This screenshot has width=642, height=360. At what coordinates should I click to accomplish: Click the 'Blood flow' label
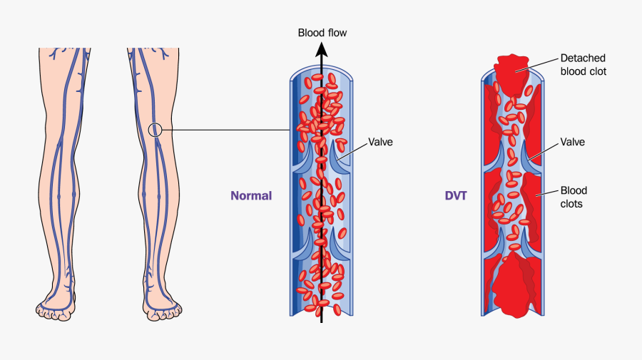click(x=322, y=33)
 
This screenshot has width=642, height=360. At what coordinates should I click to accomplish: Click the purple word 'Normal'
click(x=251, y=195)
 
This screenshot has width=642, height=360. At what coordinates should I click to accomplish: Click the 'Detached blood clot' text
click(x=583, y=65)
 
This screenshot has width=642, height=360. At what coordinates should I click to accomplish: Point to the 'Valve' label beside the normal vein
click(x=380, y=142)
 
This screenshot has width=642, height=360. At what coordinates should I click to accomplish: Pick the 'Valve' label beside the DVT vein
click(x=572, y=142)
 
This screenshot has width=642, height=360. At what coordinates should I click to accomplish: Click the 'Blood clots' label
click(x=573, y=197)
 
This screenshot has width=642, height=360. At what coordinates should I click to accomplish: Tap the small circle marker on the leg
click(x=156, y=130)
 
